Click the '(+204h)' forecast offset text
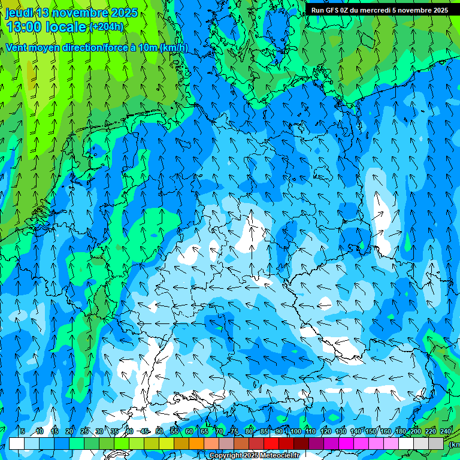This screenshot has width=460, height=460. [107, 27]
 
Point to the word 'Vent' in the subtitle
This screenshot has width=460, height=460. [17, 48]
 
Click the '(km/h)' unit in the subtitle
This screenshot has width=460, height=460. [174, 48]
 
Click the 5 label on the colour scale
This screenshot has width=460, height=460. [23, 431]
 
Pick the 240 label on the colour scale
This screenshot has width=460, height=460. [445, 431]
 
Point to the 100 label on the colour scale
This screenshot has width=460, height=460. [295, 431]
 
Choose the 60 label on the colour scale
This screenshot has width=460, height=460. [189, 431]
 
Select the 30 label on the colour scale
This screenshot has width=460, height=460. [99, 431]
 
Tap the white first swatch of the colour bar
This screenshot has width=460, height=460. [17, 444]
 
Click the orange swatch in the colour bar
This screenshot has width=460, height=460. [196, 444]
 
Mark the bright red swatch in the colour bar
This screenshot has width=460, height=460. [271, 444]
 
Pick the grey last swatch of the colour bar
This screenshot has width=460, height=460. [436, 444]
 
